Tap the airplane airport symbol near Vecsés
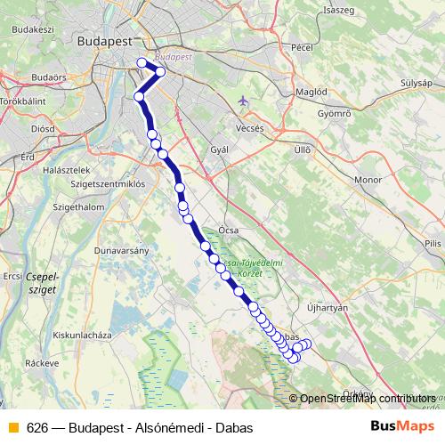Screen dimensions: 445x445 244,101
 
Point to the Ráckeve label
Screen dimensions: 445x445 42,363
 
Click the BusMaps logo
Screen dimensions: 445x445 397,426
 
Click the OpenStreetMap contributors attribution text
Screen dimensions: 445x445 368,398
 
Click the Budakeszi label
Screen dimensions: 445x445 33,28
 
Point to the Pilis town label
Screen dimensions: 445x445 433,242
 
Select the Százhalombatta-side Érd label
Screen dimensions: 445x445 27,157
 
